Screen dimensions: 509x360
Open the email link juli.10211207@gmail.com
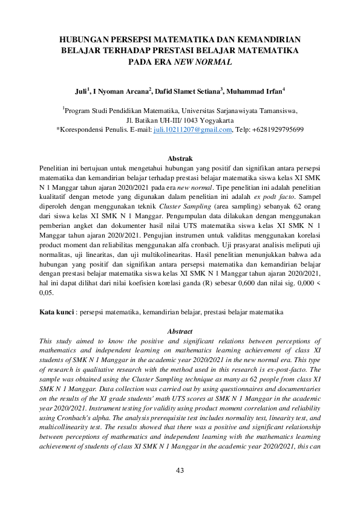193,129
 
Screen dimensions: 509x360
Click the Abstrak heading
180,157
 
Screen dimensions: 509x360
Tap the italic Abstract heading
180,331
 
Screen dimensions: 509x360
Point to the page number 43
180,487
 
